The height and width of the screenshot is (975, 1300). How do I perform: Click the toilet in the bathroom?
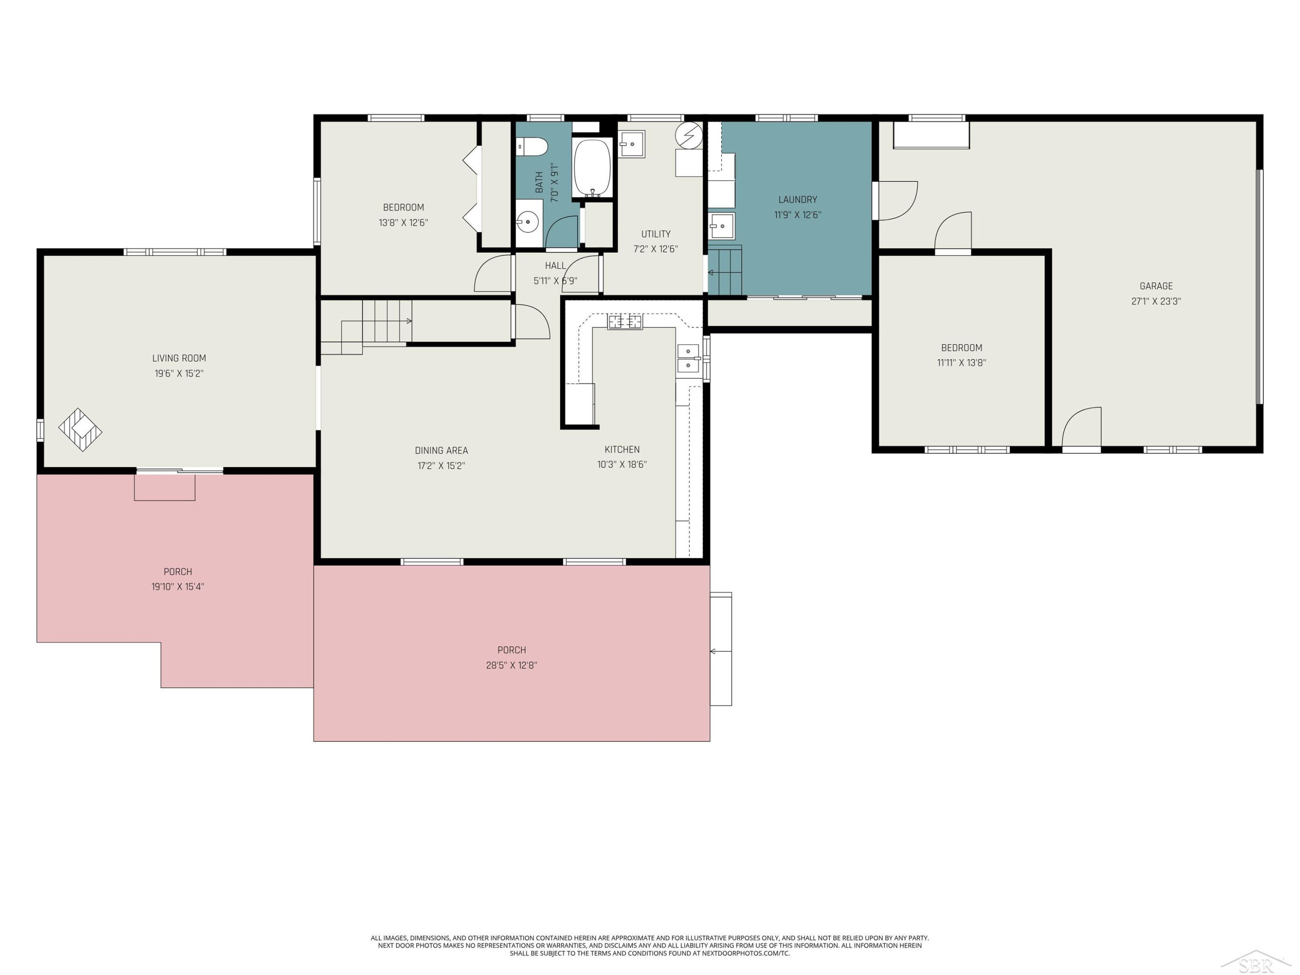[x=532, y=146]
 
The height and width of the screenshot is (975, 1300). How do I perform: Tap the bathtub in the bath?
[x=592, y=168]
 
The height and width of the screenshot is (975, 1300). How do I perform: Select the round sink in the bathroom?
[x=528, y=222]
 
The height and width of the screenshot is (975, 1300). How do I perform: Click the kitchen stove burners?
[x=625, y=322]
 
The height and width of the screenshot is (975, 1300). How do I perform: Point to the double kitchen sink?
[x=688, y=358]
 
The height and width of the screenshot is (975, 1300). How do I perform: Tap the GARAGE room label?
[x=1156, y=286]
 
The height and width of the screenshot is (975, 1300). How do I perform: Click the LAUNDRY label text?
[x=797, y=200]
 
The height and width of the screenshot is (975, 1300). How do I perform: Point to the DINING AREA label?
[x=442, y=451]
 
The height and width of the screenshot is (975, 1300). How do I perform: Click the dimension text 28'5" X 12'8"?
[x=511, y=665]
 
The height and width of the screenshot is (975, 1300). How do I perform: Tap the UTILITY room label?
[x=656, y=234]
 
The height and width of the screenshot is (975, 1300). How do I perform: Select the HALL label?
[x=556, y=266]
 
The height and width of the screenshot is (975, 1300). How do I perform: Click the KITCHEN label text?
[x=622, y=450]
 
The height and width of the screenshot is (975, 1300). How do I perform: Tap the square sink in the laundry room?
[x=721, y=226]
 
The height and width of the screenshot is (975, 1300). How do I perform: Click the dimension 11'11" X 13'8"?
[x=962, y=363]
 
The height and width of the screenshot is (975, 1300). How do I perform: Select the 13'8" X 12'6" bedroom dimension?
[x=403, y=223]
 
